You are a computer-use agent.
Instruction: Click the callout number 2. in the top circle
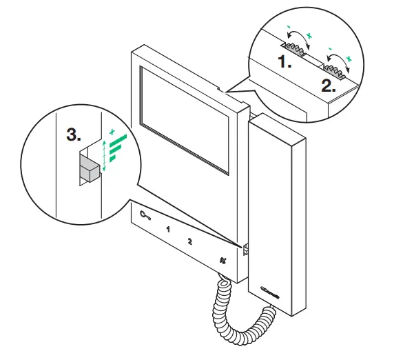pos(329,88)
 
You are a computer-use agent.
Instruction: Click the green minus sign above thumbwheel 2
pos(333,50)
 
